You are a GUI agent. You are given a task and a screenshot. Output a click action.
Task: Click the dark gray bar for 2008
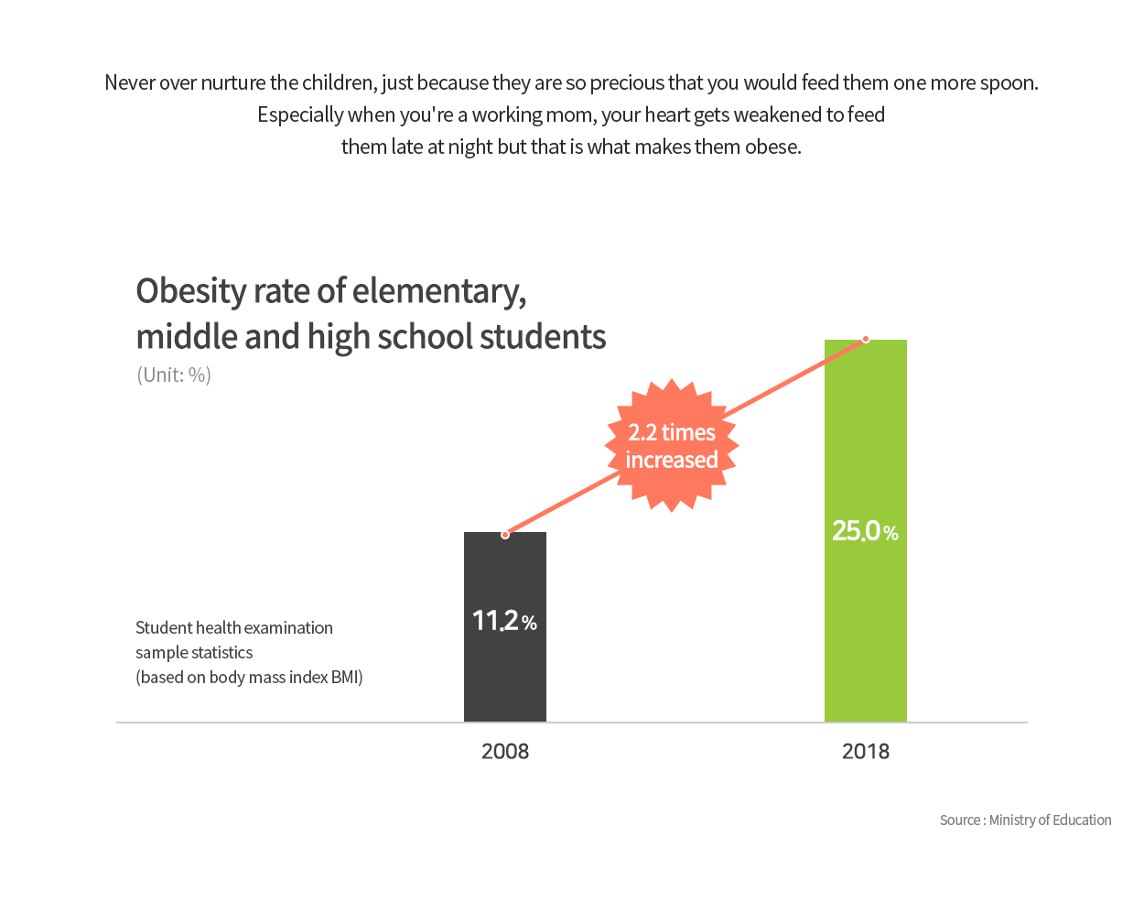pos(504,626)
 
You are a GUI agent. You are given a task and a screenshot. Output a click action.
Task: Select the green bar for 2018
pos(865,530)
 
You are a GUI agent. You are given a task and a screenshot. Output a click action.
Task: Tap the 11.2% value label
pos(504,620)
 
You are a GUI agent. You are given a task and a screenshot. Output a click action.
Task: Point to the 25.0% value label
pos(865,530)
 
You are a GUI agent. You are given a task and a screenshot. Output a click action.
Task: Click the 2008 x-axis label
pos(505,751)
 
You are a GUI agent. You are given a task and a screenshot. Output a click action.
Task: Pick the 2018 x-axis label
pos(866,751)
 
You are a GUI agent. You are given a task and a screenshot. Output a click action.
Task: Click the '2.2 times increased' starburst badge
pos(672,445)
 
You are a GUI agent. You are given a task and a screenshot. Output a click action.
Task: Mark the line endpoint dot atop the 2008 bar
pos(505,535)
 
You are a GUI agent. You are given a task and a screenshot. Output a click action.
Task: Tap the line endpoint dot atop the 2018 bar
pos(866,339)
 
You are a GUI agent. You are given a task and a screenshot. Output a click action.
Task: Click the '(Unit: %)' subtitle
pos(174,375)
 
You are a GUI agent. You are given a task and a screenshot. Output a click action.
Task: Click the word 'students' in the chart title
pos(543,337)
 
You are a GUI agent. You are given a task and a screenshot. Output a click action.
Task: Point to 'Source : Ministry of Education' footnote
pos(1025,820)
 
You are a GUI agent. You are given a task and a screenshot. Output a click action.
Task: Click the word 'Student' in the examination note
pos(164,628)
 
